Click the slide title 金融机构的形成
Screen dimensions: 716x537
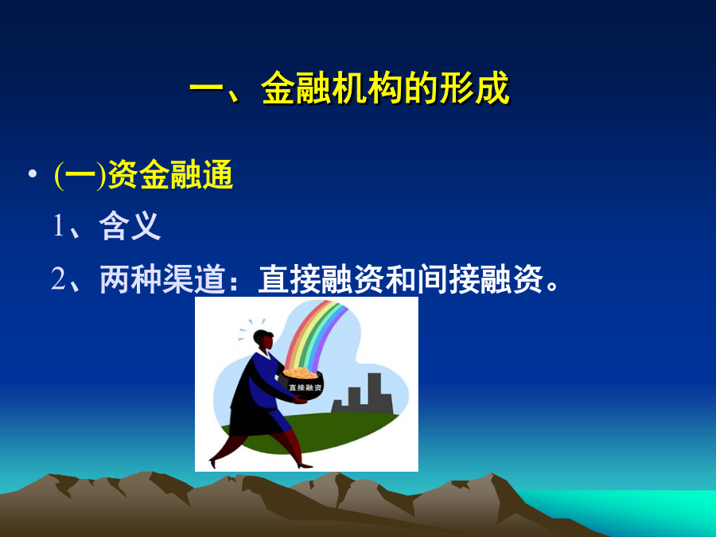point(385,88)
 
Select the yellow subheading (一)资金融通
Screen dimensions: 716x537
point(144,175)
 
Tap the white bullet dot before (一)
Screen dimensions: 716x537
point(33,174)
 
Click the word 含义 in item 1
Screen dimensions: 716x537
point(130,226)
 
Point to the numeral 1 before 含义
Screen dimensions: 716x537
point(58,226)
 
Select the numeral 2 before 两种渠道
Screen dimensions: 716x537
point(58,278)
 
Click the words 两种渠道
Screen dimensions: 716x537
point(162,278)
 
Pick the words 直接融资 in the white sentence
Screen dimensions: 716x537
point(321,278)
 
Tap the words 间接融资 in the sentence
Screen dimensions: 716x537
point(481,278)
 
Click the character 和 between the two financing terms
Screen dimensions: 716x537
point(401,278)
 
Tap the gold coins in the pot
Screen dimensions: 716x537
point(300,373)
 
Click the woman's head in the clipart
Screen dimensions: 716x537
point(264,340)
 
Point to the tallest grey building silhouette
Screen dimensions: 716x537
point(374,393)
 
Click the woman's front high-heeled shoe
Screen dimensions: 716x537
point(305,465)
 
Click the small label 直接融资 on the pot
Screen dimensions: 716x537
point(305,387)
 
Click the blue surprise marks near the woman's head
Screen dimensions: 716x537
point(249,329)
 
